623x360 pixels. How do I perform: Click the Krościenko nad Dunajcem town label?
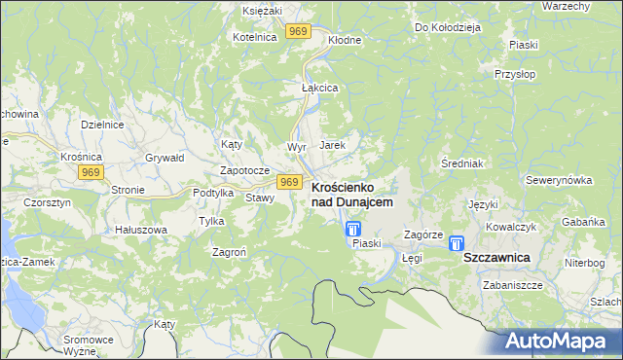(352, 194)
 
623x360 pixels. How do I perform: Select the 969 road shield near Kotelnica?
(299, 32)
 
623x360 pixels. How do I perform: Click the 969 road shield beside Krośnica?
(92, 172)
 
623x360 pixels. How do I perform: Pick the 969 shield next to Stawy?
(288, 182)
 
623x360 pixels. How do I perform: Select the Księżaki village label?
(262, 9)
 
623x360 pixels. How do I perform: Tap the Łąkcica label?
(319, 88)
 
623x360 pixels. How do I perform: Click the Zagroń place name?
(230, 251)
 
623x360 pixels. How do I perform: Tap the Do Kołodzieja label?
(448, 28)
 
